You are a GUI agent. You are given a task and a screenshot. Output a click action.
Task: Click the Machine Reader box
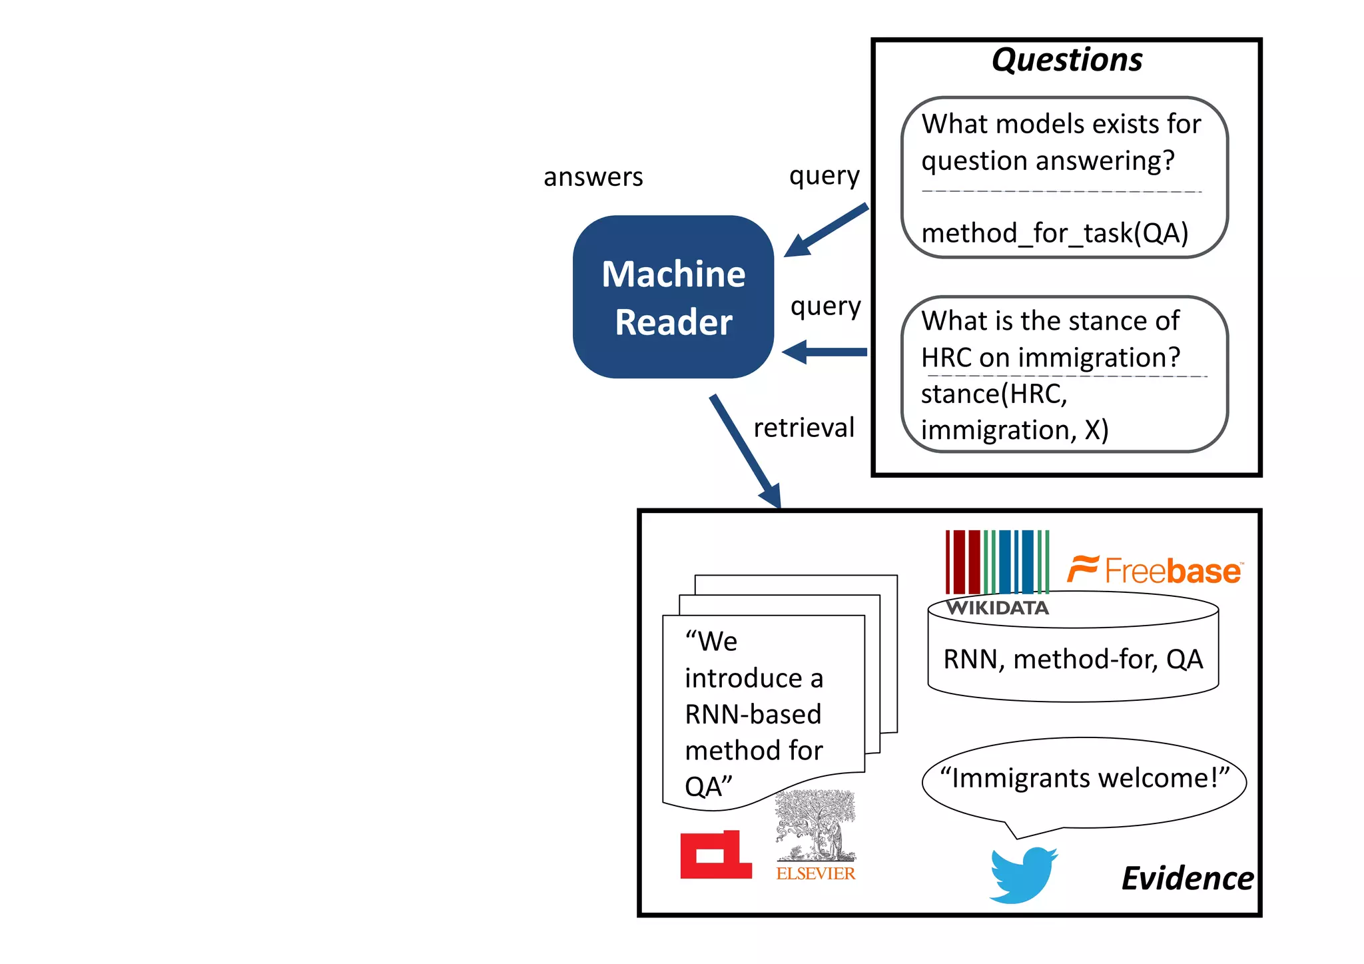(673, 297)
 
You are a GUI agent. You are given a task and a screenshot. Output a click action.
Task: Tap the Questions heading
(1066, 60)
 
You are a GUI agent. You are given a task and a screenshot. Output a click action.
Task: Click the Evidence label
(1187, 878)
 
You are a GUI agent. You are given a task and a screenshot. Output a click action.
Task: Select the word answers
(593, 177)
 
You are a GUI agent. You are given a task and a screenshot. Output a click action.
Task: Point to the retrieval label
(803, 428)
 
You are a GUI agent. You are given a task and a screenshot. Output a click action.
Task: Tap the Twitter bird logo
(1022, 875)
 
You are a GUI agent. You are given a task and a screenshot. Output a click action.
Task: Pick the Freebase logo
(1155, 570)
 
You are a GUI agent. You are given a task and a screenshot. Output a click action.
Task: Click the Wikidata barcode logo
(997, 563)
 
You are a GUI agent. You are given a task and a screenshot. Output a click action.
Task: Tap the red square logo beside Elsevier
(715, 855)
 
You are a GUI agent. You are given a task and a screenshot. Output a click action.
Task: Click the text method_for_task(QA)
(1054, 233)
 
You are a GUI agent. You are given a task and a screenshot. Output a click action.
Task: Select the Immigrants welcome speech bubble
(1084, 779)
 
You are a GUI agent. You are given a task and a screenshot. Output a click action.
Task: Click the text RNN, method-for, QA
(1072, 660)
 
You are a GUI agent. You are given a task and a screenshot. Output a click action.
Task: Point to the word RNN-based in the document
(753, 715)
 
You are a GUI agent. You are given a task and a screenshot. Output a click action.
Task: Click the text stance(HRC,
(994, 394)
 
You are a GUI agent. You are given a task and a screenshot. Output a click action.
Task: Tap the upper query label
(824, 176)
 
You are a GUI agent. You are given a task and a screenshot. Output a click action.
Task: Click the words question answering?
(1048, 161)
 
